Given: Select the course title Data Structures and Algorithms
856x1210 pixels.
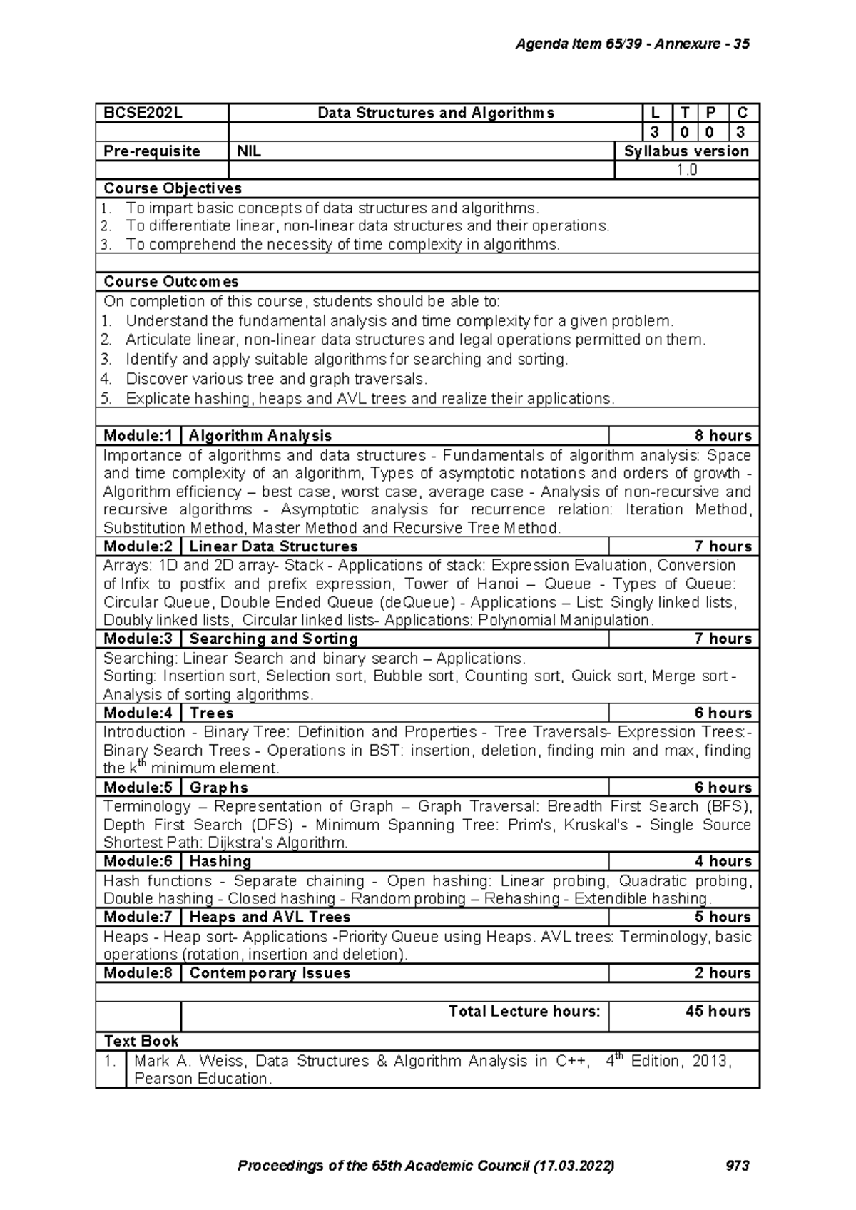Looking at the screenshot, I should coord(435,113).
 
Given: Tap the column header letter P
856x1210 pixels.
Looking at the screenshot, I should coord(710,113).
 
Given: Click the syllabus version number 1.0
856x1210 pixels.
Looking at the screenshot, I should coord(687,170).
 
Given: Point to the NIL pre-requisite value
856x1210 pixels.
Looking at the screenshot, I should coord(249,151).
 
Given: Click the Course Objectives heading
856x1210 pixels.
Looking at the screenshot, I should coord(172,188).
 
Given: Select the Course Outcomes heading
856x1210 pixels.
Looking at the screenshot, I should coord(170,282).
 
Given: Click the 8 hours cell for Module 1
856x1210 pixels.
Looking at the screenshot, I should coord(723,436).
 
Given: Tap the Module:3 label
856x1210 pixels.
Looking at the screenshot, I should coord(138,639).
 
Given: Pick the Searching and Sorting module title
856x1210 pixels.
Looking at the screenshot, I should coord(273,639).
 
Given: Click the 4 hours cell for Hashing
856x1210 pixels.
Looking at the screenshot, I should coord(723,861).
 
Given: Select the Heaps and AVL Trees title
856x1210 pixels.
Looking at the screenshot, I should coord(270,917).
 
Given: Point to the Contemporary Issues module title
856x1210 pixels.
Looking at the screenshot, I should coord(270,973).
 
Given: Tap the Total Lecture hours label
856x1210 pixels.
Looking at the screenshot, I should coord(524,1011).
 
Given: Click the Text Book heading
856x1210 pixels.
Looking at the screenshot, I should coord(141,1041).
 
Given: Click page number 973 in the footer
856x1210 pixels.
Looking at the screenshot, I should coord(737,1166).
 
